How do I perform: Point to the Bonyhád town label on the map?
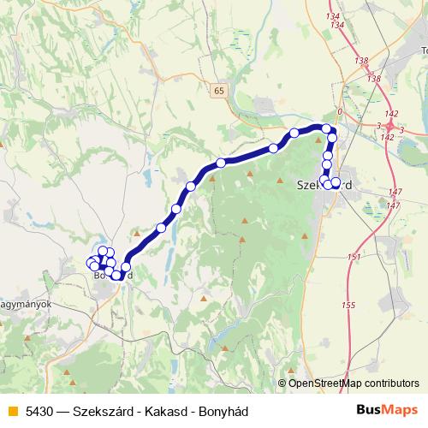coord(112,275)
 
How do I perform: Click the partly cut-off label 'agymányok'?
coord(26,304)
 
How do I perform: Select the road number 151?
coord(355,257)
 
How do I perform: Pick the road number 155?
coord(348,306)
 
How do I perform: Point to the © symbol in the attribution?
coord(282,383)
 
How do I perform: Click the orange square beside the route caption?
coord(11,411)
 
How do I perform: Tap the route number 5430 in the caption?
coord(39,411)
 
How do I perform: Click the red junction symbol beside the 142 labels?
coord(389,126)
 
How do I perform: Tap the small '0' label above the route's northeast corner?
coord(340,112)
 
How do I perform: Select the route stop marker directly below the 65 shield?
coord(221,163)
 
